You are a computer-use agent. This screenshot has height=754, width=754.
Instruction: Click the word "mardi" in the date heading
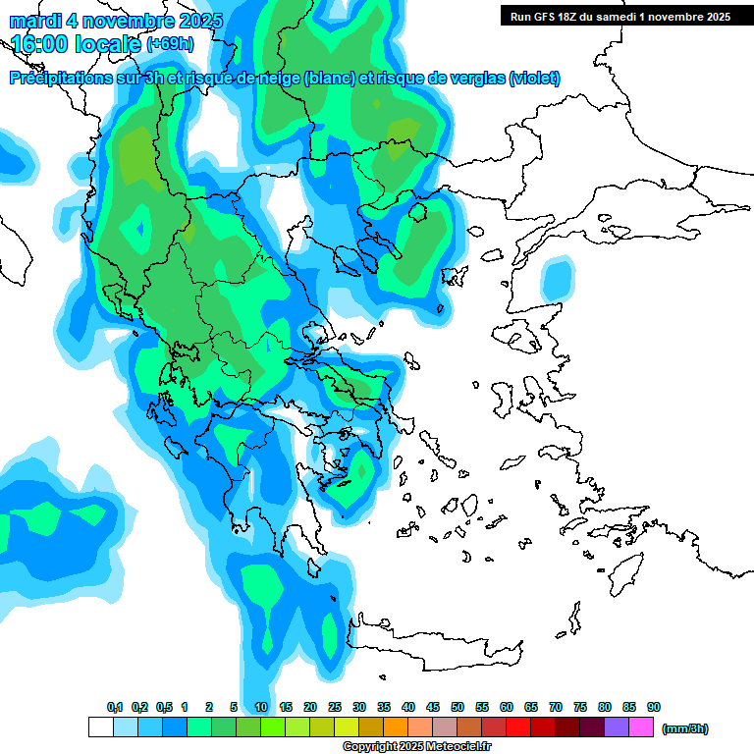(35, 21)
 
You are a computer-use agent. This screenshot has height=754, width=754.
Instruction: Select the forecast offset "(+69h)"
(170, 44)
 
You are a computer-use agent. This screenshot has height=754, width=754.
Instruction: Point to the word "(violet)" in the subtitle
(534, 78)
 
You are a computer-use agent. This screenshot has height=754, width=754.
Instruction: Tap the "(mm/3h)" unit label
(685, 728)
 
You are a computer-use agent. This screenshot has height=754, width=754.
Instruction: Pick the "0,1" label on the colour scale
(114, 708)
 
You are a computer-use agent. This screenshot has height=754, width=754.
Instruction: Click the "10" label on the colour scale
(261, 708)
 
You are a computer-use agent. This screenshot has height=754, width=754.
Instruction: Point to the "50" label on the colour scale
(458, 708)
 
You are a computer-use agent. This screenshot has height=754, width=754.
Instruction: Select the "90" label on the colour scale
(654, 708)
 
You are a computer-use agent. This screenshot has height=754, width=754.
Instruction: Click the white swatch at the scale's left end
(100, 727)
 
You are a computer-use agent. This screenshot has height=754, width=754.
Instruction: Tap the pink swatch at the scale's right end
(641, 727)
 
